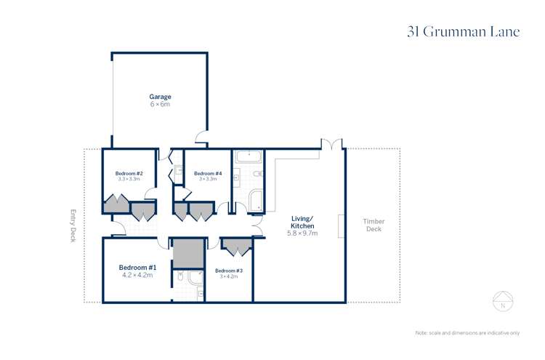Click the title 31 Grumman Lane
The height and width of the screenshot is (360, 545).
(464, 33)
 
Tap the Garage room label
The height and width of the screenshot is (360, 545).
(160, 97)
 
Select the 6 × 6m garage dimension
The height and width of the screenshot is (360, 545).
(160, 105)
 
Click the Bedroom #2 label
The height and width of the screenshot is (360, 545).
(129, 173)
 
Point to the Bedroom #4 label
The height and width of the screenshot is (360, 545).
(207, 173)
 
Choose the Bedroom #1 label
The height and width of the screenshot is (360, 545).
(135, 268)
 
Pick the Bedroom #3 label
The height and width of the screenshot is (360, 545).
(229, 271)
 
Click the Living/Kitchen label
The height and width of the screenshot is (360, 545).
(302, 222)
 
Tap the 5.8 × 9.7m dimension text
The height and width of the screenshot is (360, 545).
(302, 233)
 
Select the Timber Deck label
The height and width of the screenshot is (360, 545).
(374, 225)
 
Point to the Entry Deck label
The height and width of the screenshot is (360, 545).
(73, 225)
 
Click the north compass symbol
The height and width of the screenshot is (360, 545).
(503, 300)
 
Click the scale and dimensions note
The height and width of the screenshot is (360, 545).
(467, 332)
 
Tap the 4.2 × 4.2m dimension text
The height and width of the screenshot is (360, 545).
(135, 276)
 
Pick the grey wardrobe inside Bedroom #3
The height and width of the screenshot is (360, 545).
(236, 247)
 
